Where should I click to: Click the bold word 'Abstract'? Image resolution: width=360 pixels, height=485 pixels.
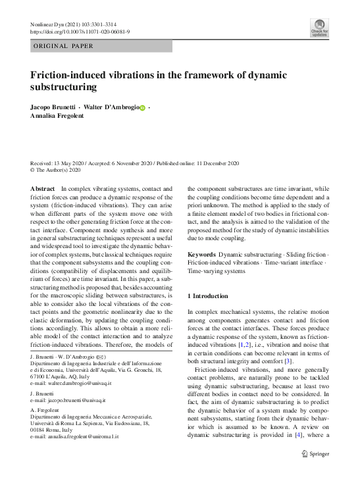click(x=43, y=189)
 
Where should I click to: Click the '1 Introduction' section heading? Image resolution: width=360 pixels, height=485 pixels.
click(x=209, y=297)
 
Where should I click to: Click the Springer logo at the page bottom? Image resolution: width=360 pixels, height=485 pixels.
click(x=315, y=472)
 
